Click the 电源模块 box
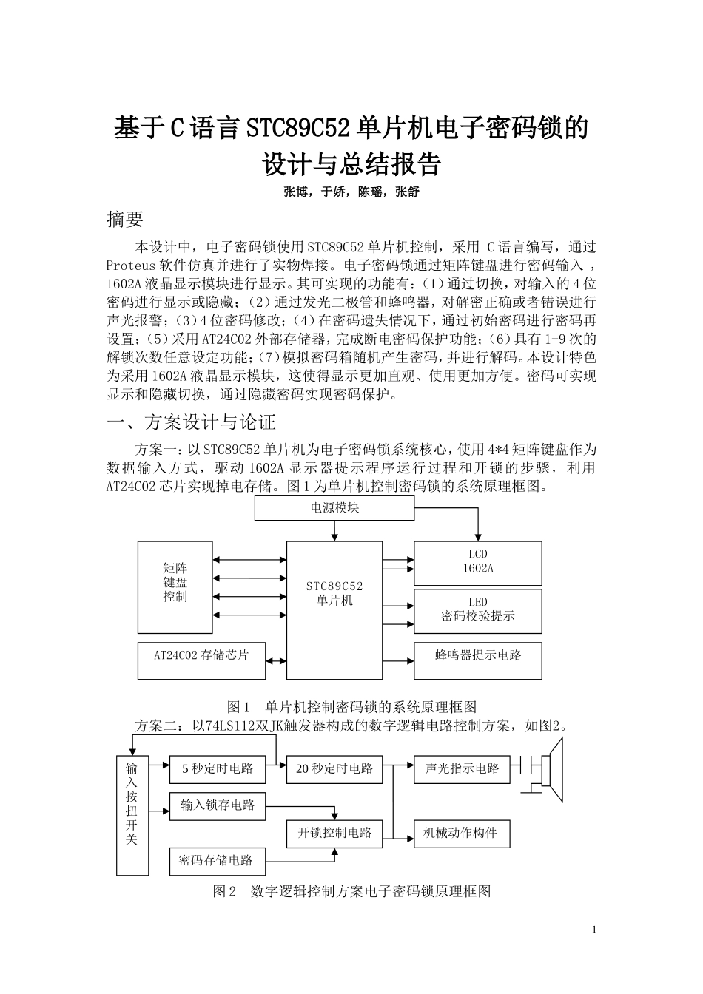pos(334,508)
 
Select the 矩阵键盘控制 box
pos(175,587)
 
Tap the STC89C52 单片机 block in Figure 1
pos(334,610)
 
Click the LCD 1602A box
pos(477,563)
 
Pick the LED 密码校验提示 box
pos(477,610)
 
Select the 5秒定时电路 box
pos(218,768)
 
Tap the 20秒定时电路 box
pos(334,769)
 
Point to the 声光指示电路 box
pos(462,768)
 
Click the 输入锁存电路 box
pos(218,805)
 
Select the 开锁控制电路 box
pos(334,833)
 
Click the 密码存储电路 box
pos(216,860)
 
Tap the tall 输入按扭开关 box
pos(132,814)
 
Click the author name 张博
pos(296,192)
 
